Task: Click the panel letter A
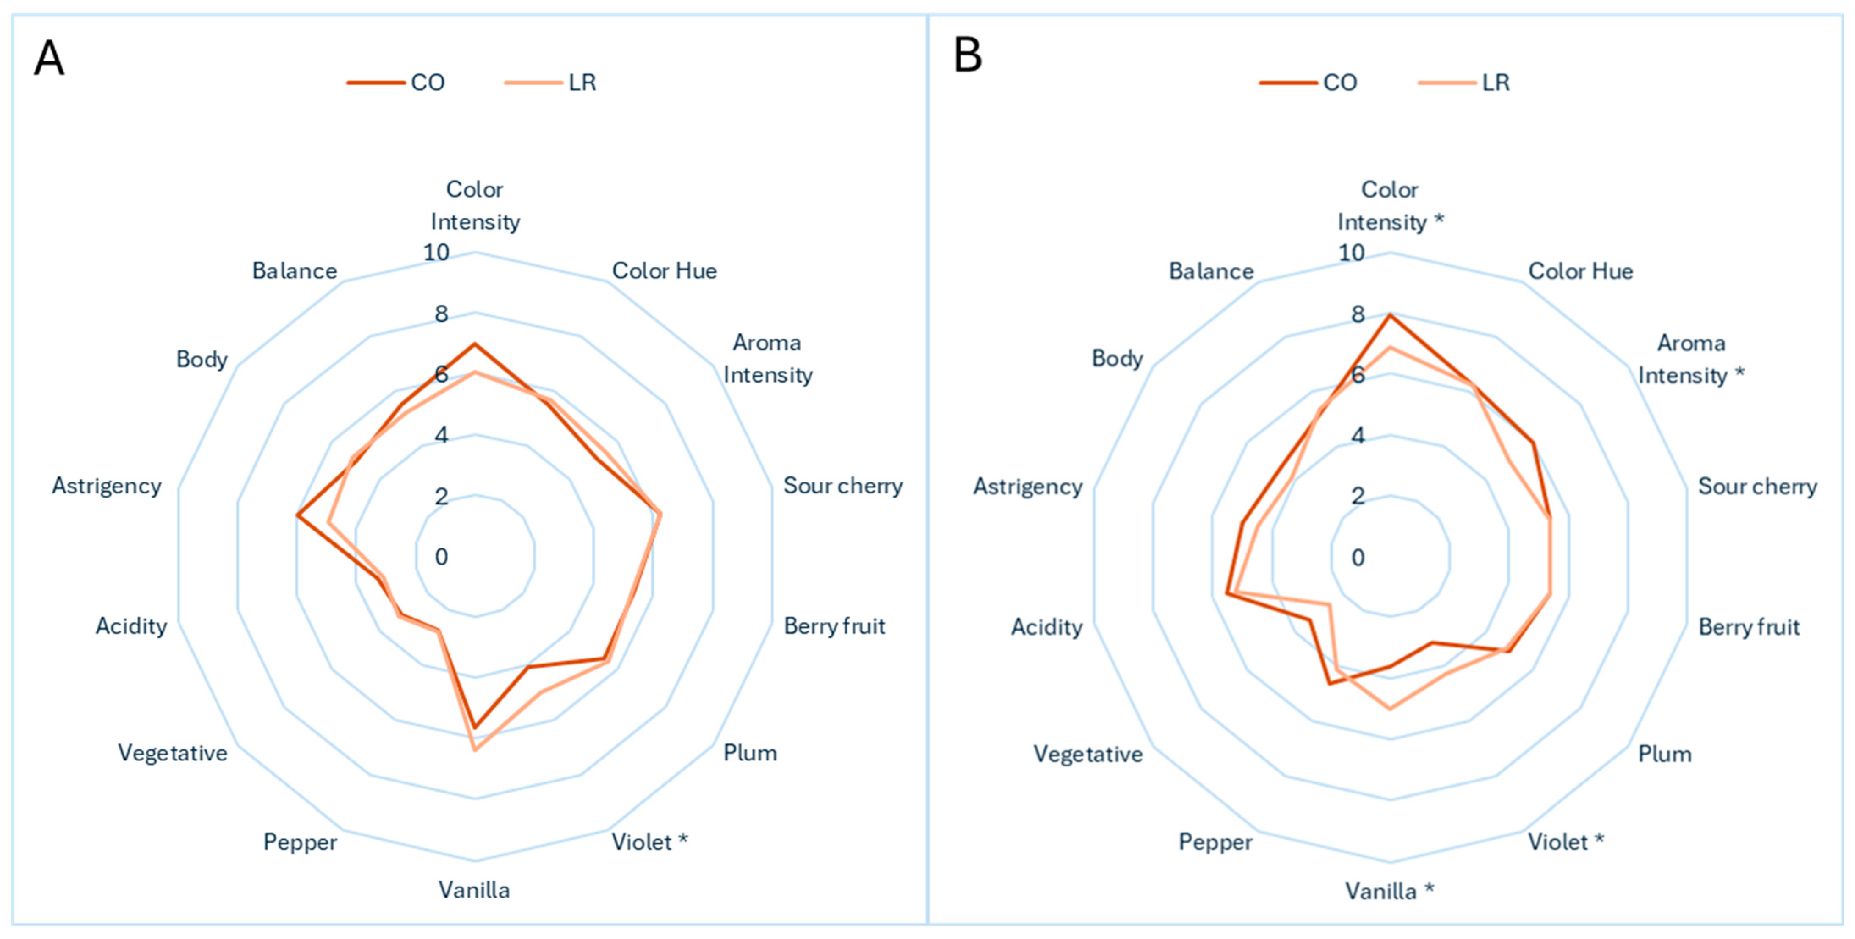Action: [x=49, y=58]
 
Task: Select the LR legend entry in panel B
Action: [x=1463, y=82]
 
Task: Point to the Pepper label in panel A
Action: [x=300, y=842]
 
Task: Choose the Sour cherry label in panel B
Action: [x=1758, y=486]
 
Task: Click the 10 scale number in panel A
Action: [x=436, y=252]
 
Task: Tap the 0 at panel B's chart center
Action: [x=1358, y=556]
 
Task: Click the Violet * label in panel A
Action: [x=649, y=841]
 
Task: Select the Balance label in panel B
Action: [x=1211, y=271]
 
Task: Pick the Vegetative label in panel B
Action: [x=1088, y=754]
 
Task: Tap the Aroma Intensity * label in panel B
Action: [x=1691, y=358]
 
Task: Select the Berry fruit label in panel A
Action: [x=835, y=626]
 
